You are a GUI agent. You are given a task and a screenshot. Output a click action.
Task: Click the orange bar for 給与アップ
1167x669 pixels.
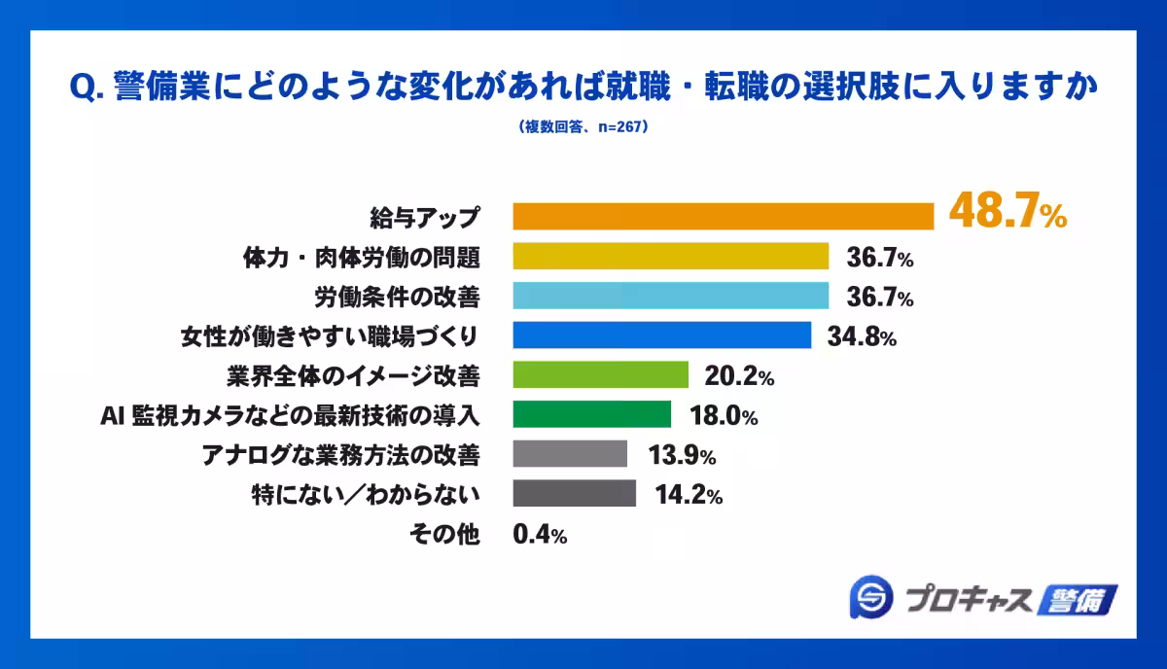tap(723, 216)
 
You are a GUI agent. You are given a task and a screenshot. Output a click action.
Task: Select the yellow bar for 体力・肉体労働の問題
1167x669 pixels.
tap(670, 256)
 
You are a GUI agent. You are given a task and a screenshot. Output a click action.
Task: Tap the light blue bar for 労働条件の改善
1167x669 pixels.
tap(670, 296)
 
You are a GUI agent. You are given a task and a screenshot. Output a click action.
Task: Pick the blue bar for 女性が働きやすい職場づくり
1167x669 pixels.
tap(661, 335)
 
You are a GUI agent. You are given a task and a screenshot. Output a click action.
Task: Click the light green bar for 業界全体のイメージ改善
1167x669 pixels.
tap(600, 374)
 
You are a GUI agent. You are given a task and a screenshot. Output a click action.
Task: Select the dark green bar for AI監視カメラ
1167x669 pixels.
tap(591, 414)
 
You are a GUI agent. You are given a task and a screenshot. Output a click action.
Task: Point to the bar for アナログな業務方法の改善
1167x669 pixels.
tap(570, 454)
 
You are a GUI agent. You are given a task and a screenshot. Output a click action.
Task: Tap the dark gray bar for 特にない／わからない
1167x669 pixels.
tap(574, 494)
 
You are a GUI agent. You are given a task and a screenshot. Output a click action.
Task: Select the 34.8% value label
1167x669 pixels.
tap(861, 337)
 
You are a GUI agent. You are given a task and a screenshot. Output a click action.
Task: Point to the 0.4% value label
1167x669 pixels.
tap(540, 535)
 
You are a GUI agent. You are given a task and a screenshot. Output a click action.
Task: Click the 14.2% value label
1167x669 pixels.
tap(687, 496)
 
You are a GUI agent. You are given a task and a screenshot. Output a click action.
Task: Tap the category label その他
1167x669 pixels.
tap(454, 535)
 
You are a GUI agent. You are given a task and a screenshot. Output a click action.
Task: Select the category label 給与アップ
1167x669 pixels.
tap(426, 216)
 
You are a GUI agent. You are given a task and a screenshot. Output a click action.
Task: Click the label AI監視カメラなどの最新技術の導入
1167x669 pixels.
tap(291, 415)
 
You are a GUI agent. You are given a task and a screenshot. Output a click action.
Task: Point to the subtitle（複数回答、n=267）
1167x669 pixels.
tap(583, 126)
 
